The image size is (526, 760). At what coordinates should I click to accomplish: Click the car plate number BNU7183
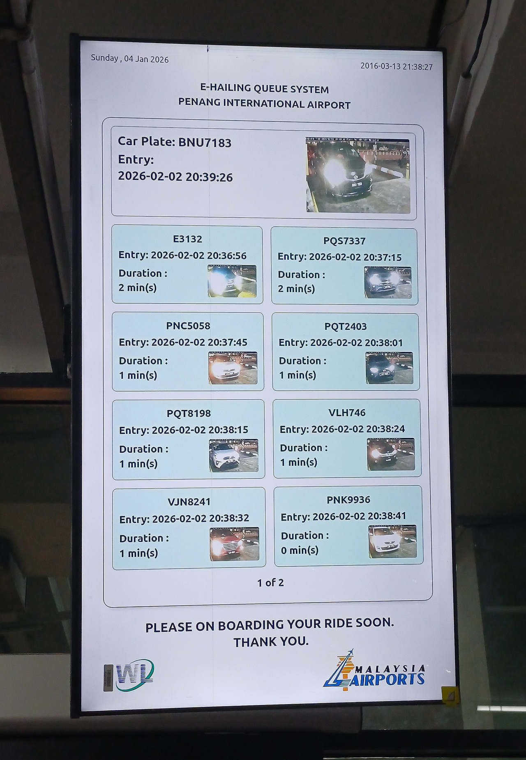click(205, 143)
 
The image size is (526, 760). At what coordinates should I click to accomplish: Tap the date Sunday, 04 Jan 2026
click(130, 59)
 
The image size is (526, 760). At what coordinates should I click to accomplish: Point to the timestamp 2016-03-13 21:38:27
click(397, 66)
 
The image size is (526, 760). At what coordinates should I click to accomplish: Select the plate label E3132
click(188, 239)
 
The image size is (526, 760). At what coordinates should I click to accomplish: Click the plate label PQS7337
click(344, 241)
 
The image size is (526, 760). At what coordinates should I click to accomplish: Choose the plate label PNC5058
click(188, 326)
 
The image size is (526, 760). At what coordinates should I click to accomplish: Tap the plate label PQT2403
click(346, 327)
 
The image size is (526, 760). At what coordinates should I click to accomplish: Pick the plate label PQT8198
click(189, 413)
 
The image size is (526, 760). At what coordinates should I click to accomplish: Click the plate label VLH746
click(347, 412)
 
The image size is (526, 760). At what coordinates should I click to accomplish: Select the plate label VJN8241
click(189, 502)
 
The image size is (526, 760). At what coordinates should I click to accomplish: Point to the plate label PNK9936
click(348, 500)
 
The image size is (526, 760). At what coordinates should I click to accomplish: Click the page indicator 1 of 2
click(270, 583)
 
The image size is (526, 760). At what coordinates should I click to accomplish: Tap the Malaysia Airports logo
click(374, 671)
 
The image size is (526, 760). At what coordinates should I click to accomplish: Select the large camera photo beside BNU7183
click(358, 175)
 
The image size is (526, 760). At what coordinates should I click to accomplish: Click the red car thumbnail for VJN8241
click(234, 544)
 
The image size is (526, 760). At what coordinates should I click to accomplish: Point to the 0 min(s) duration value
click(300, 550)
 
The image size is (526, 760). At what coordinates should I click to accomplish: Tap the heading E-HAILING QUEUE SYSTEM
click(264, 89)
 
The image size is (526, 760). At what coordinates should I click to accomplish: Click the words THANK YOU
click(271, 641)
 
